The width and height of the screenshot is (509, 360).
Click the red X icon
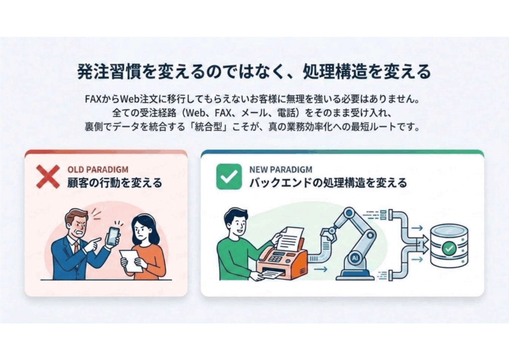point(48,176)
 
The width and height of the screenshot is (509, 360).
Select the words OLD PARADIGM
point(97,170)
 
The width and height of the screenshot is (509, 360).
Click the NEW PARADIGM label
point(281,170)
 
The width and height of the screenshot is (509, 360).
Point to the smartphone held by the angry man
point(113,236)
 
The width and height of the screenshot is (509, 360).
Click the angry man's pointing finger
point(94,242)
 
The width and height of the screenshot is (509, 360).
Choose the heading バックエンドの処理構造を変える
point(328,182)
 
